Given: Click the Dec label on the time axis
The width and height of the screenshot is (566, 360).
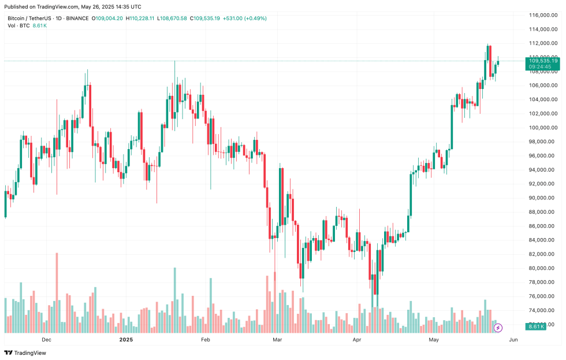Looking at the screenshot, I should tap(47, 340).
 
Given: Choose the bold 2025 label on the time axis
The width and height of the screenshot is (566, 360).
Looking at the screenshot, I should tap(126, 340).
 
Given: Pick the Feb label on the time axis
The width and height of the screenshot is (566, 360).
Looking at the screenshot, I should tap(205, 340).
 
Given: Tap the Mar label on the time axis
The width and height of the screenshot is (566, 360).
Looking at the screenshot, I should tap(278, 340).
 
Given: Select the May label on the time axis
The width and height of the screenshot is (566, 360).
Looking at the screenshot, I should tap(434, 340).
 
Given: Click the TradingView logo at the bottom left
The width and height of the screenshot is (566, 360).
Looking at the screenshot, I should tap(25, 352).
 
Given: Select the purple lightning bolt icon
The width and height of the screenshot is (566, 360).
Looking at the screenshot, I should tap(498, 328).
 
